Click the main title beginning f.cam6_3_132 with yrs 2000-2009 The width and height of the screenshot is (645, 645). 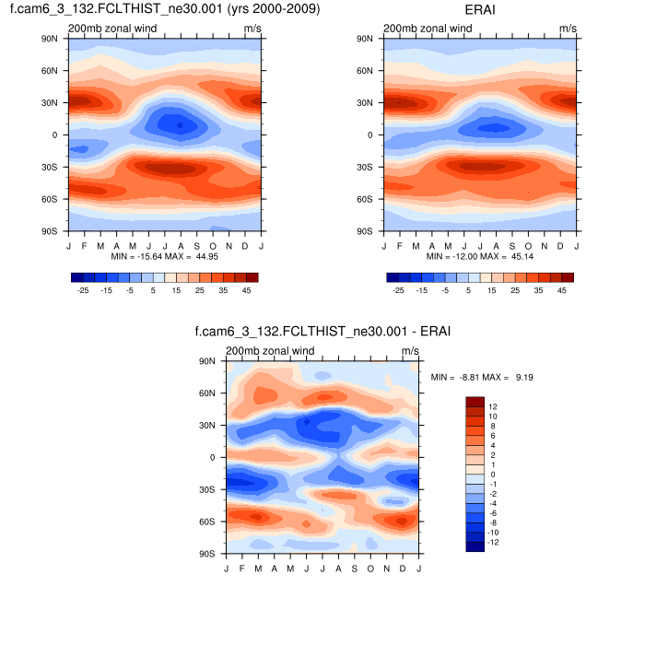(164, 9)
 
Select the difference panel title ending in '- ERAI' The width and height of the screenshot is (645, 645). (322, 332)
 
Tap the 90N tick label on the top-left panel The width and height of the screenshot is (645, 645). (49, 39)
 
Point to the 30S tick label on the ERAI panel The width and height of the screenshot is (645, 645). (365, 168)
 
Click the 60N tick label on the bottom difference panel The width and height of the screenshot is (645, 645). (207, 393)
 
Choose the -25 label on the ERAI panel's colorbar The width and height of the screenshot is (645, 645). (398, 289)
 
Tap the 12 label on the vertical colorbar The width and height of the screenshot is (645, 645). (493, 406)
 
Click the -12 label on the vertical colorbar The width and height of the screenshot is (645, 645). (493, 543)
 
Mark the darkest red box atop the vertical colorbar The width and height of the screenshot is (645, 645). (475, 402)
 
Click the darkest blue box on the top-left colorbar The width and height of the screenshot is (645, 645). (76, 276)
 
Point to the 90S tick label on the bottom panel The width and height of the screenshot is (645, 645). (207, 554)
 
